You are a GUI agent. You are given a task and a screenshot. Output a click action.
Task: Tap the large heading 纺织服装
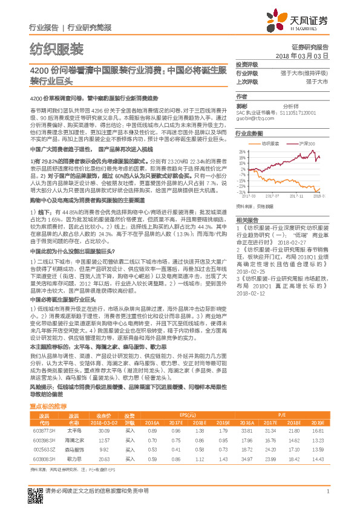click(x=57, y=49)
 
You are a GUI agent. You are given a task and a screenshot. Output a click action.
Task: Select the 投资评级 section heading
click(x=247, y=65)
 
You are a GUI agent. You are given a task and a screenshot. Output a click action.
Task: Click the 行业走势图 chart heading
click(x=249, y=132)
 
